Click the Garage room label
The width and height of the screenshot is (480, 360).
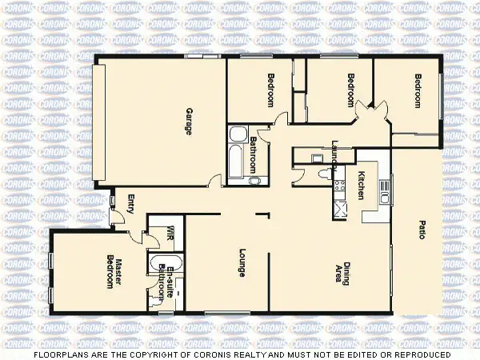click(x=190, y=122)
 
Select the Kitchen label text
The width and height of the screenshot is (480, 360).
click(x=362, y=185)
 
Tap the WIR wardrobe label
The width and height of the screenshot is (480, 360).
click(x=170, y=234)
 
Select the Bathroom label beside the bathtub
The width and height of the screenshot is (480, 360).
click(x=253, y=153)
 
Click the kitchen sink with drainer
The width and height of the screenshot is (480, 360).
click(x=383, y=192)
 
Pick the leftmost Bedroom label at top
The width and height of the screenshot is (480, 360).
click(x=270, y=90)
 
